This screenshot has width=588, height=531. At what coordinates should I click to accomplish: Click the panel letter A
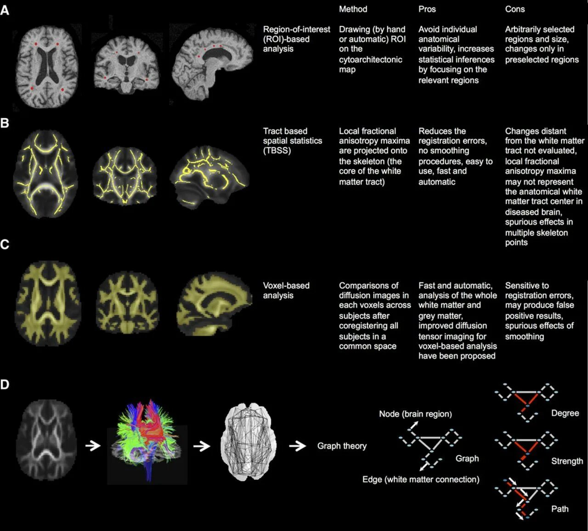point(5,10)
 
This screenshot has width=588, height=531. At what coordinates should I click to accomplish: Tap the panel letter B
point(5,123)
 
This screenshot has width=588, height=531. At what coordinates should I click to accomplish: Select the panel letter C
point(5,244)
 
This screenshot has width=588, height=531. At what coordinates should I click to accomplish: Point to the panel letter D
point(5,384)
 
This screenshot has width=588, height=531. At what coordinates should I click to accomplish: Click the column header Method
point(353,9)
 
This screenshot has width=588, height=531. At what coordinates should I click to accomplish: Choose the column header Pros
point(427,9)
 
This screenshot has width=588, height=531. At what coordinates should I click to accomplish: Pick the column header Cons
point(514,9)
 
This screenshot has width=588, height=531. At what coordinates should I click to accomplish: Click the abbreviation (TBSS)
point(277,151)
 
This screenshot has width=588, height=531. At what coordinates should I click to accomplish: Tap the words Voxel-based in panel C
point(286,285)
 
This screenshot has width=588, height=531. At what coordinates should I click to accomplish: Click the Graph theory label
point(342,446)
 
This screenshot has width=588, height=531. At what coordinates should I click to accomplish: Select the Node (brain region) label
point(415,414)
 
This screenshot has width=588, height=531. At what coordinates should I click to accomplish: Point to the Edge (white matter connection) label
point(420,480)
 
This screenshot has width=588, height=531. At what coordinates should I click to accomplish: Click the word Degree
point(565,413)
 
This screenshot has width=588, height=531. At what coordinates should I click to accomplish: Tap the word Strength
point(567,461)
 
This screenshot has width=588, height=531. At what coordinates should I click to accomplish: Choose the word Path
point(560,509)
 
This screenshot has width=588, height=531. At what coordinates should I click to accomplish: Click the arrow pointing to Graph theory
point(298,446)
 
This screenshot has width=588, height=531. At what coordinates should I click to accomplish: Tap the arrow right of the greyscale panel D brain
point(93,445)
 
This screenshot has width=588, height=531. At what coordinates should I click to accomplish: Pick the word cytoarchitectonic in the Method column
point(370,59)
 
